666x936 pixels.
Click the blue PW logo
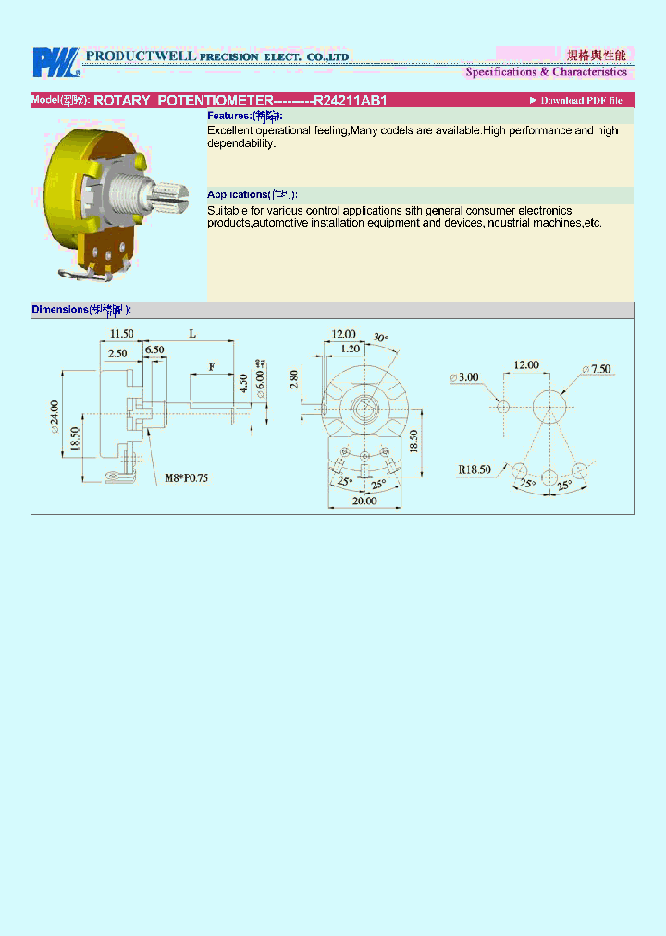[x=56, y=62]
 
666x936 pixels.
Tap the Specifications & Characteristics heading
[x=546, y=72]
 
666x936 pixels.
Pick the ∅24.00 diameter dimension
[x=55, y=417]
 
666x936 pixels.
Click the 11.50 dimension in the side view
[x=122, y=333]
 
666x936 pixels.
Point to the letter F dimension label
[x=211, y=367]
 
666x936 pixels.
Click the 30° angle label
[x=381, y=337]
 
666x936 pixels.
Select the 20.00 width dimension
[x=364, y=500]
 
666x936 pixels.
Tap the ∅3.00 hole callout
[x=464, y=377]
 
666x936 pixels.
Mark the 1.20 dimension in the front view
[x=350, y=349]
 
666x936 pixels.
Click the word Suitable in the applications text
[x=228, y=212]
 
